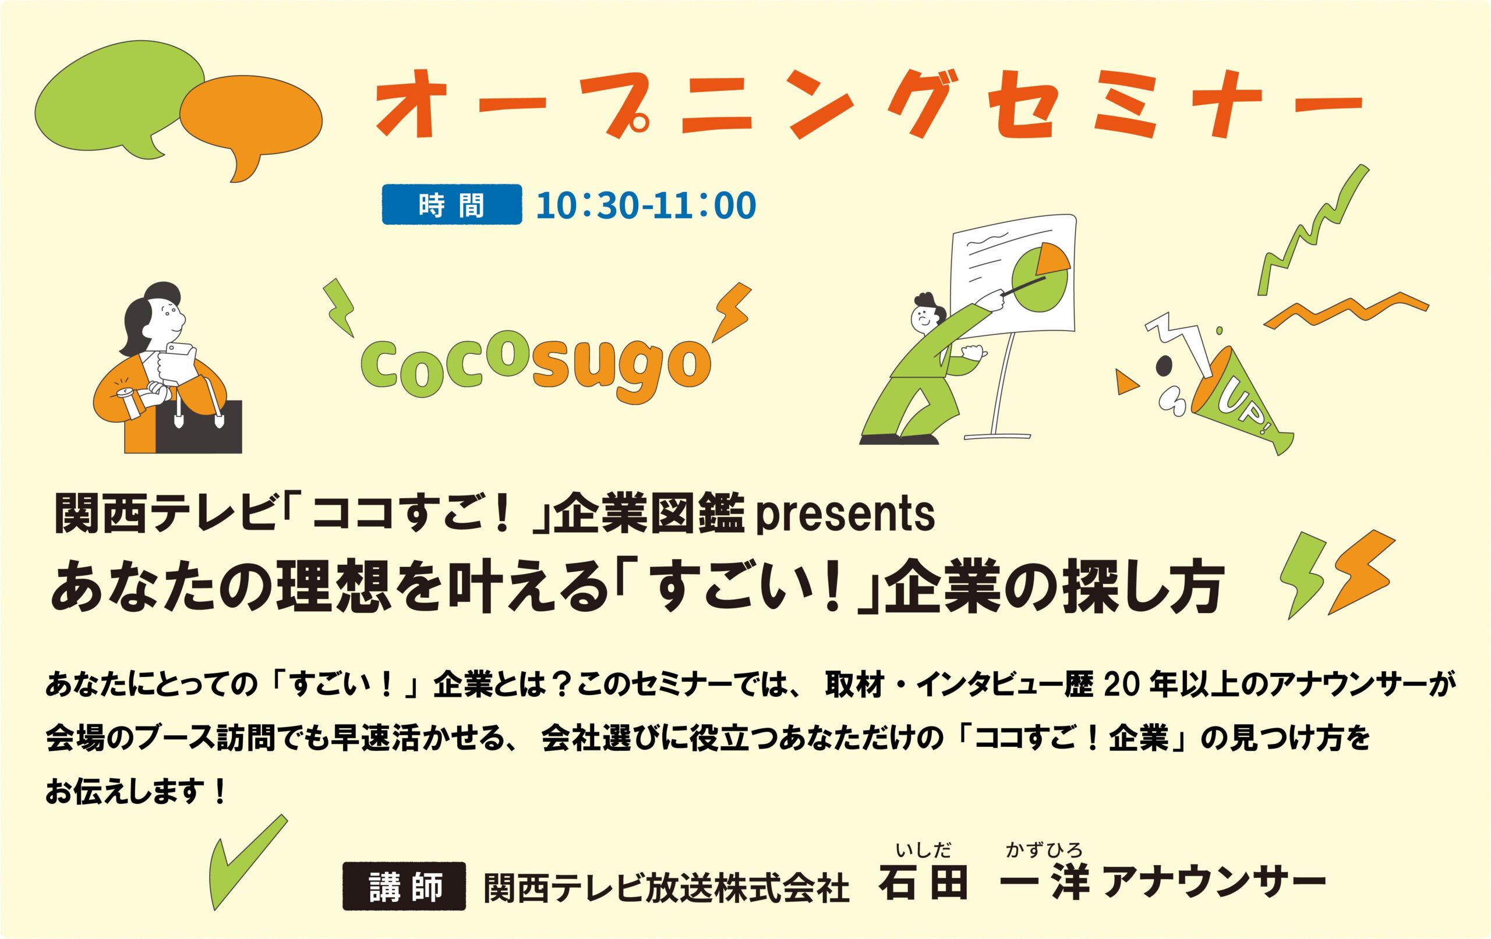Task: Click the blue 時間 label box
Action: (451, 204)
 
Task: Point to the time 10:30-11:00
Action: (646, 205)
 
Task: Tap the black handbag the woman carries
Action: (198, 427)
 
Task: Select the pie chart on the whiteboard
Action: (1040, 277)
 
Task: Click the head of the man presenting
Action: (926, 313)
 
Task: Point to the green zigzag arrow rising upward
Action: (1313, 229)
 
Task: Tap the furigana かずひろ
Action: (1044, 851)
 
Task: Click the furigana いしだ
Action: (924, 851)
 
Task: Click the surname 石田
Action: (923, 884)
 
